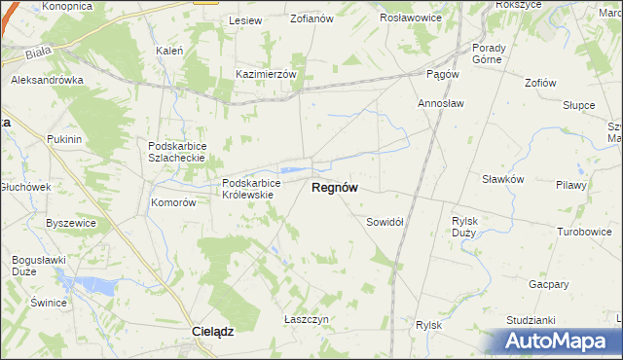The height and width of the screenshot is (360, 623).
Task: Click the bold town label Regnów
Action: click(x=333, y=189)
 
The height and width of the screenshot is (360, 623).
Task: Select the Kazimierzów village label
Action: click(x=272, y=73)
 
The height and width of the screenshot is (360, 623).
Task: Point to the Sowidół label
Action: click(x=385, y=222)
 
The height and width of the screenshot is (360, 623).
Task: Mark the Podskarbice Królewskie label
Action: click(x=251, y=188)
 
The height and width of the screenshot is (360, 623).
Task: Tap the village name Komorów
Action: click(x=174, y=203)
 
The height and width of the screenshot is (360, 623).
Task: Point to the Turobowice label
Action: click(x=583, y=232)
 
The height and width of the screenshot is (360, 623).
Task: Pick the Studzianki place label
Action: click(x=531, y=319)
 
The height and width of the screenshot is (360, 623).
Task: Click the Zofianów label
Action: click(x=312, y=18)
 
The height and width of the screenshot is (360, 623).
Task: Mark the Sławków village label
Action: click(x=503, y=179)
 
